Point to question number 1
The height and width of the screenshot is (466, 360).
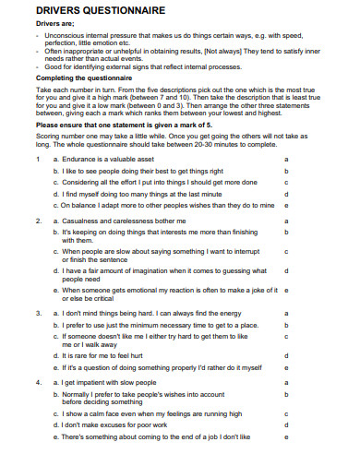(37, 160)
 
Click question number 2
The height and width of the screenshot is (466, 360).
(37, 222)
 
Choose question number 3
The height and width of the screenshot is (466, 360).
(37, 315)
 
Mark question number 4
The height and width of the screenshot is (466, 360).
(37, 380)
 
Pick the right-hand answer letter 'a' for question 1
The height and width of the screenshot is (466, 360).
(287, 160)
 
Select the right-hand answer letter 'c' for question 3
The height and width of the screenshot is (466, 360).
(287, 337)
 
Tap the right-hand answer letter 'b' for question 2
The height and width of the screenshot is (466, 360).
(287, 233)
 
